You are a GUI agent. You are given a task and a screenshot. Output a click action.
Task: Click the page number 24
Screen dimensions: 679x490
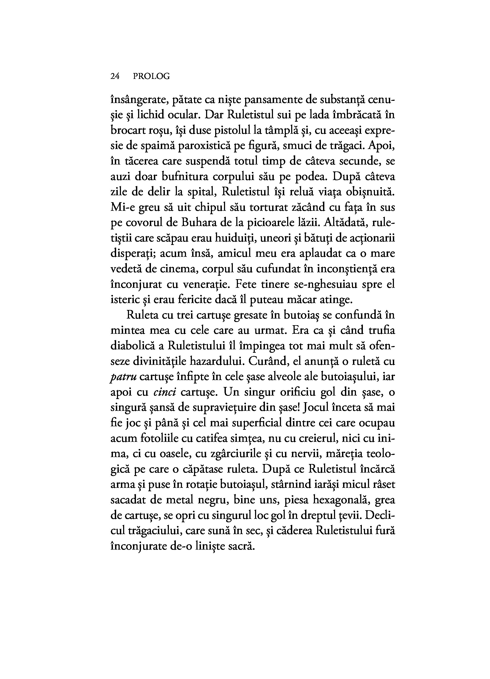pos(115,77)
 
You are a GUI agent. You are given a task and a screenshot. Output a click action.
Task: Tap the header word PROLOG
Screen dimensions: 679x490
pos(151,77)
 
